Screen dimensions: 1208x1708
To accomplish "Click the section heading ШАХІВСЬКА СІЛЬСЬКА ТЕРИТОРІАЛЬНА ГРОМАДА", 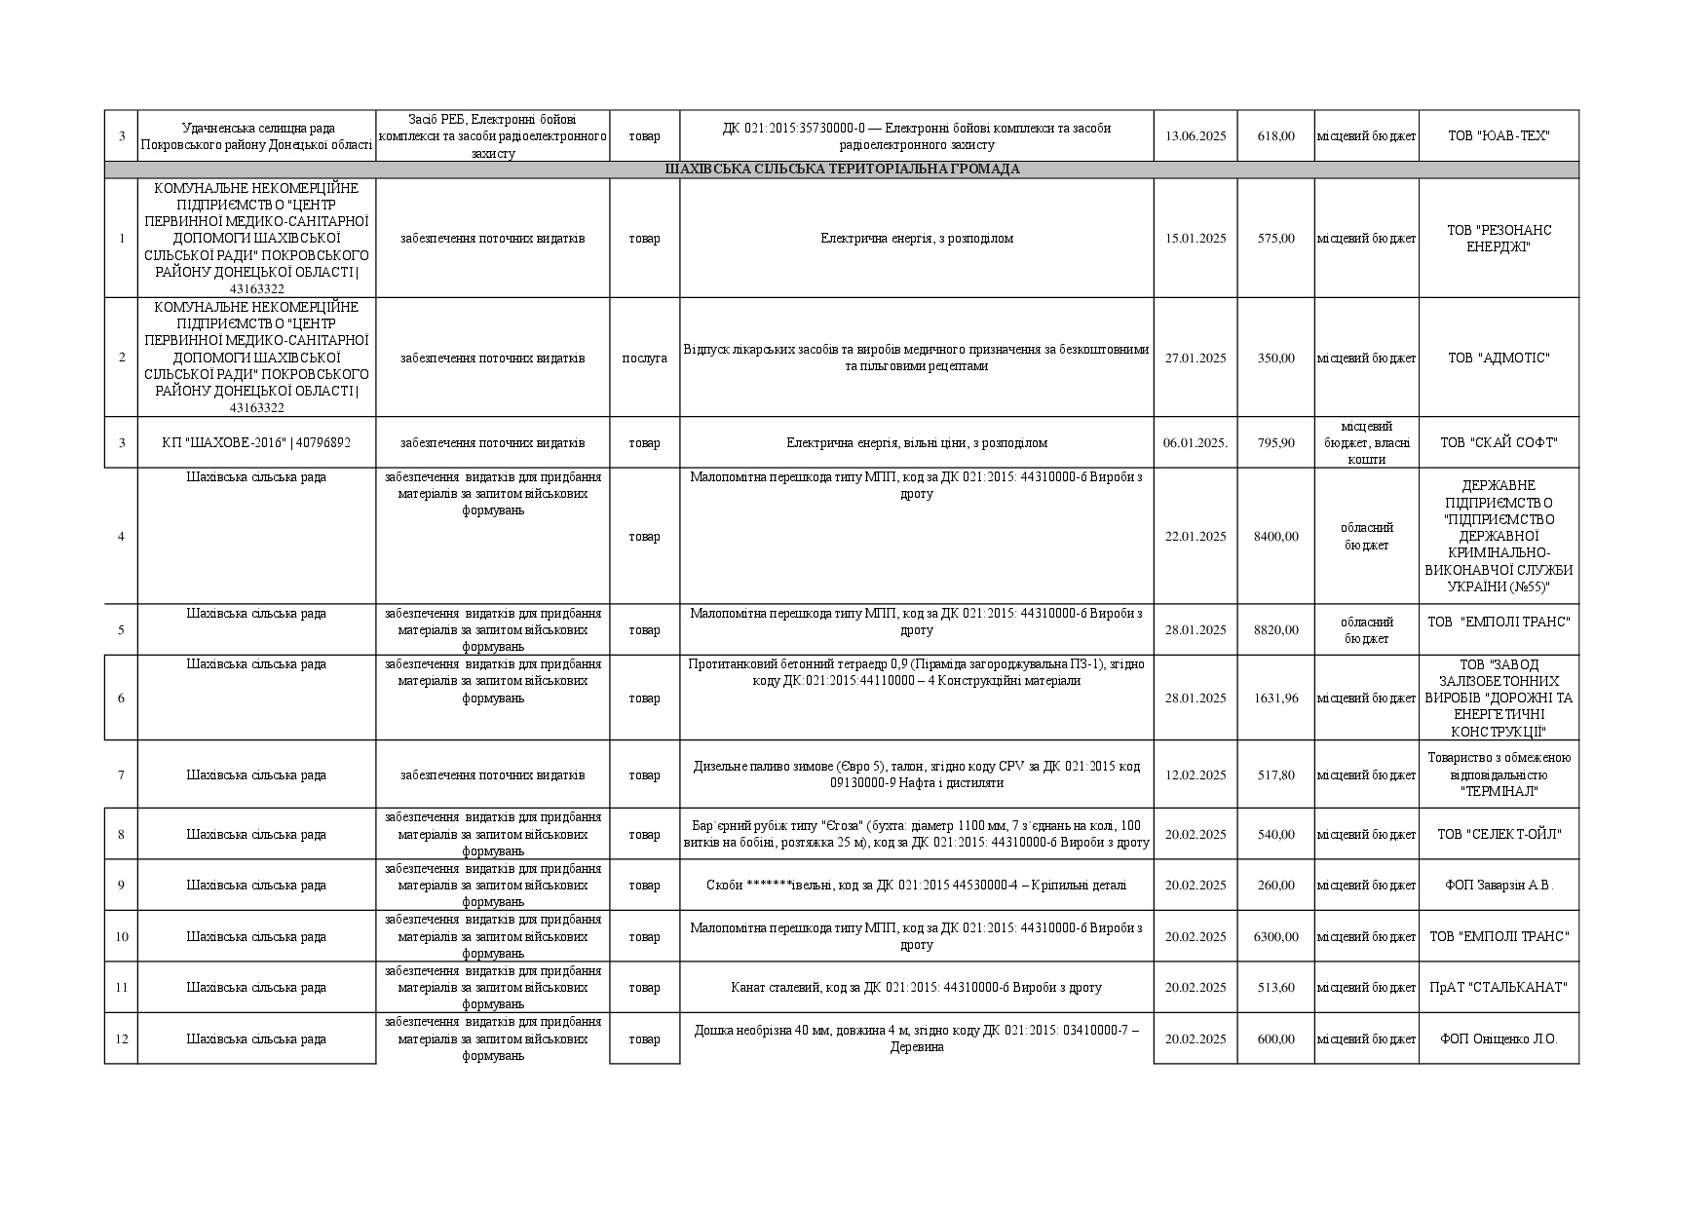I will pos(842,170).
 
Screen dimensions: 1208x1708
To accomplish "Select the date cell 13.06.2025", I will pos(1195,136).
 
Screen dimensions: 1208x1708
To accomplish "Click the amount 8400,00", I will pos(1275,537).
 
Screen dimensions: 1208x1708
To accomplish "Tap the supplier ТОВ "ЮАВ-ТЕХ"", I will pos(1498,136).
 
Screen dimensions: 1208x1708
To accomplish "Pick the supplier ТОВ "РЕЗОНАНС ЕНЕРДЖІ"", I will pos(1498,239).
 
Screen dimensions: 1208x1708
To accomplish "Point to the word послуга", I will pos(644,359).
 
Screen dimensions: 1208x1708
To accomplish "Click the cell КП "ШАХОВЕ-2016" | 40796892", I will pos(256,443).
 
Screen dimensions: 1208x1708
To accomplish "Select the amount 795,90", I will pos(1275,443).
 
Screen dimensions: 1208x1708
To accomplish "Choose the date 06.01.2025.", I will pos(1195,443).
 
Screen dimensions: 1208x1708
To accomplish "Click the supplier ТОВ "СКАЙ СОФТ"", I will pos(1498,443).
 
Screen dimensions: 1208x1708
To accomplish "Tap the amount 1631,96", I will pos(1275,698).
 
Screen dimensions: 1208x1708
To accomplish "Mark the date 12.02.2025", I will pos(1195,775).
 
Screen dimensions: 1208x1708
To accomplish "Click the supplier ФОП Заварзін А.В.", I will pos(1498,886).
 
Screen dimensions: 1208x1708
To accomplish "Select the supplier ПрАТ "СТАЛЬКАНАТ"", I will pos(1498,988).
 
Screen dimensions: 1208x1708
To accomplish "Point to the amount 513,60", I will pos(1275,988).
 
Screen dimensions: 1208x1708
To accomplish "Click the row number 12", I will pos(121,1039).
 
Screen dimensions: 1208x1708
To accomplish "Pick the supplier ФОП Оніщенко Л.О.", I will pos(1498,1039).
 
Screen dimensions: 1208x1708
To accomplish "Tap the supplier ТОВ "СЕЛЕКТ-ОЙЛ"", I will pos(1498,835).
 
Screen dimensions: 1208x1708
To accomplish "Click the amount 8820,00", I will pos(1275,630).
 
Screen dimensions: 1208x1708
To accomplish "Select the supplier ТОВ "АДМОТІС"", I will pos(1498,359).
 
